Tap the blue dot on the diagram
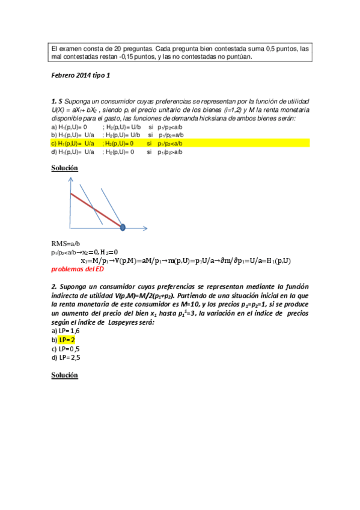[x=123, y=227]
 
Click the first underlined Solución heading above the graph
[x=65, y=168]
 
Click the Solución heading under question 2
[x=65, y=375]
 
